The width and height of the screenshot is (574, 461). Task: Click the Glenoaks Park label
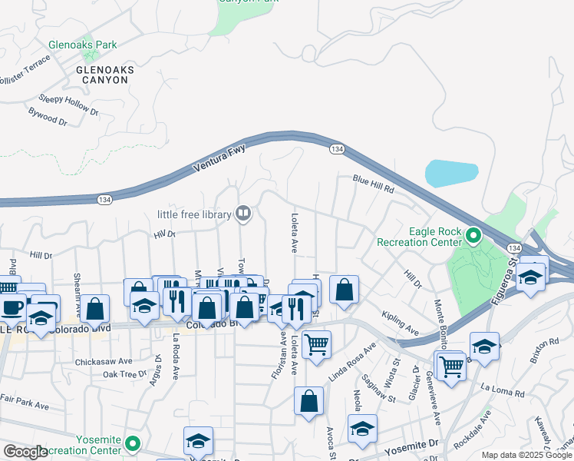click(83, 45)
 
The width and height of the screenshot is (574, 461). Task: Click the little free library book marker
click(243, 213)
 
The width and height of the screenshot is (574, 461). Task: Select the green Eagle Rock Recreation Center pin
click(473, 235)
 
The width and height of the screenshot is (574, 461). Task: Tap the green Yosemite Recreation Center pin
click(133, 443)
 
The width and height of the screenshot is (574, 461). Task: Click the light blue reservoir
click(450, 174)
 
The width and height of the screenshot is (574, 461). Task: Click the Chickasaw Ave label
click(104, 360)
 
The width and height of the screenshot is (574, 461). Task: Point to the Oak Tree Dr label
click(124, 374)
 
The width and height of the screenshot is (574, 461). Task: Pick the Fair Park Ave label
click(25, 402)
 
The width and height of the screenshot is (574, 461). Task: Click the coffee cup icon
click(12, 308)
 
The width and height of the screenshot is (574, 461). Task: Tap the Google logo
click(25, 452)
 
